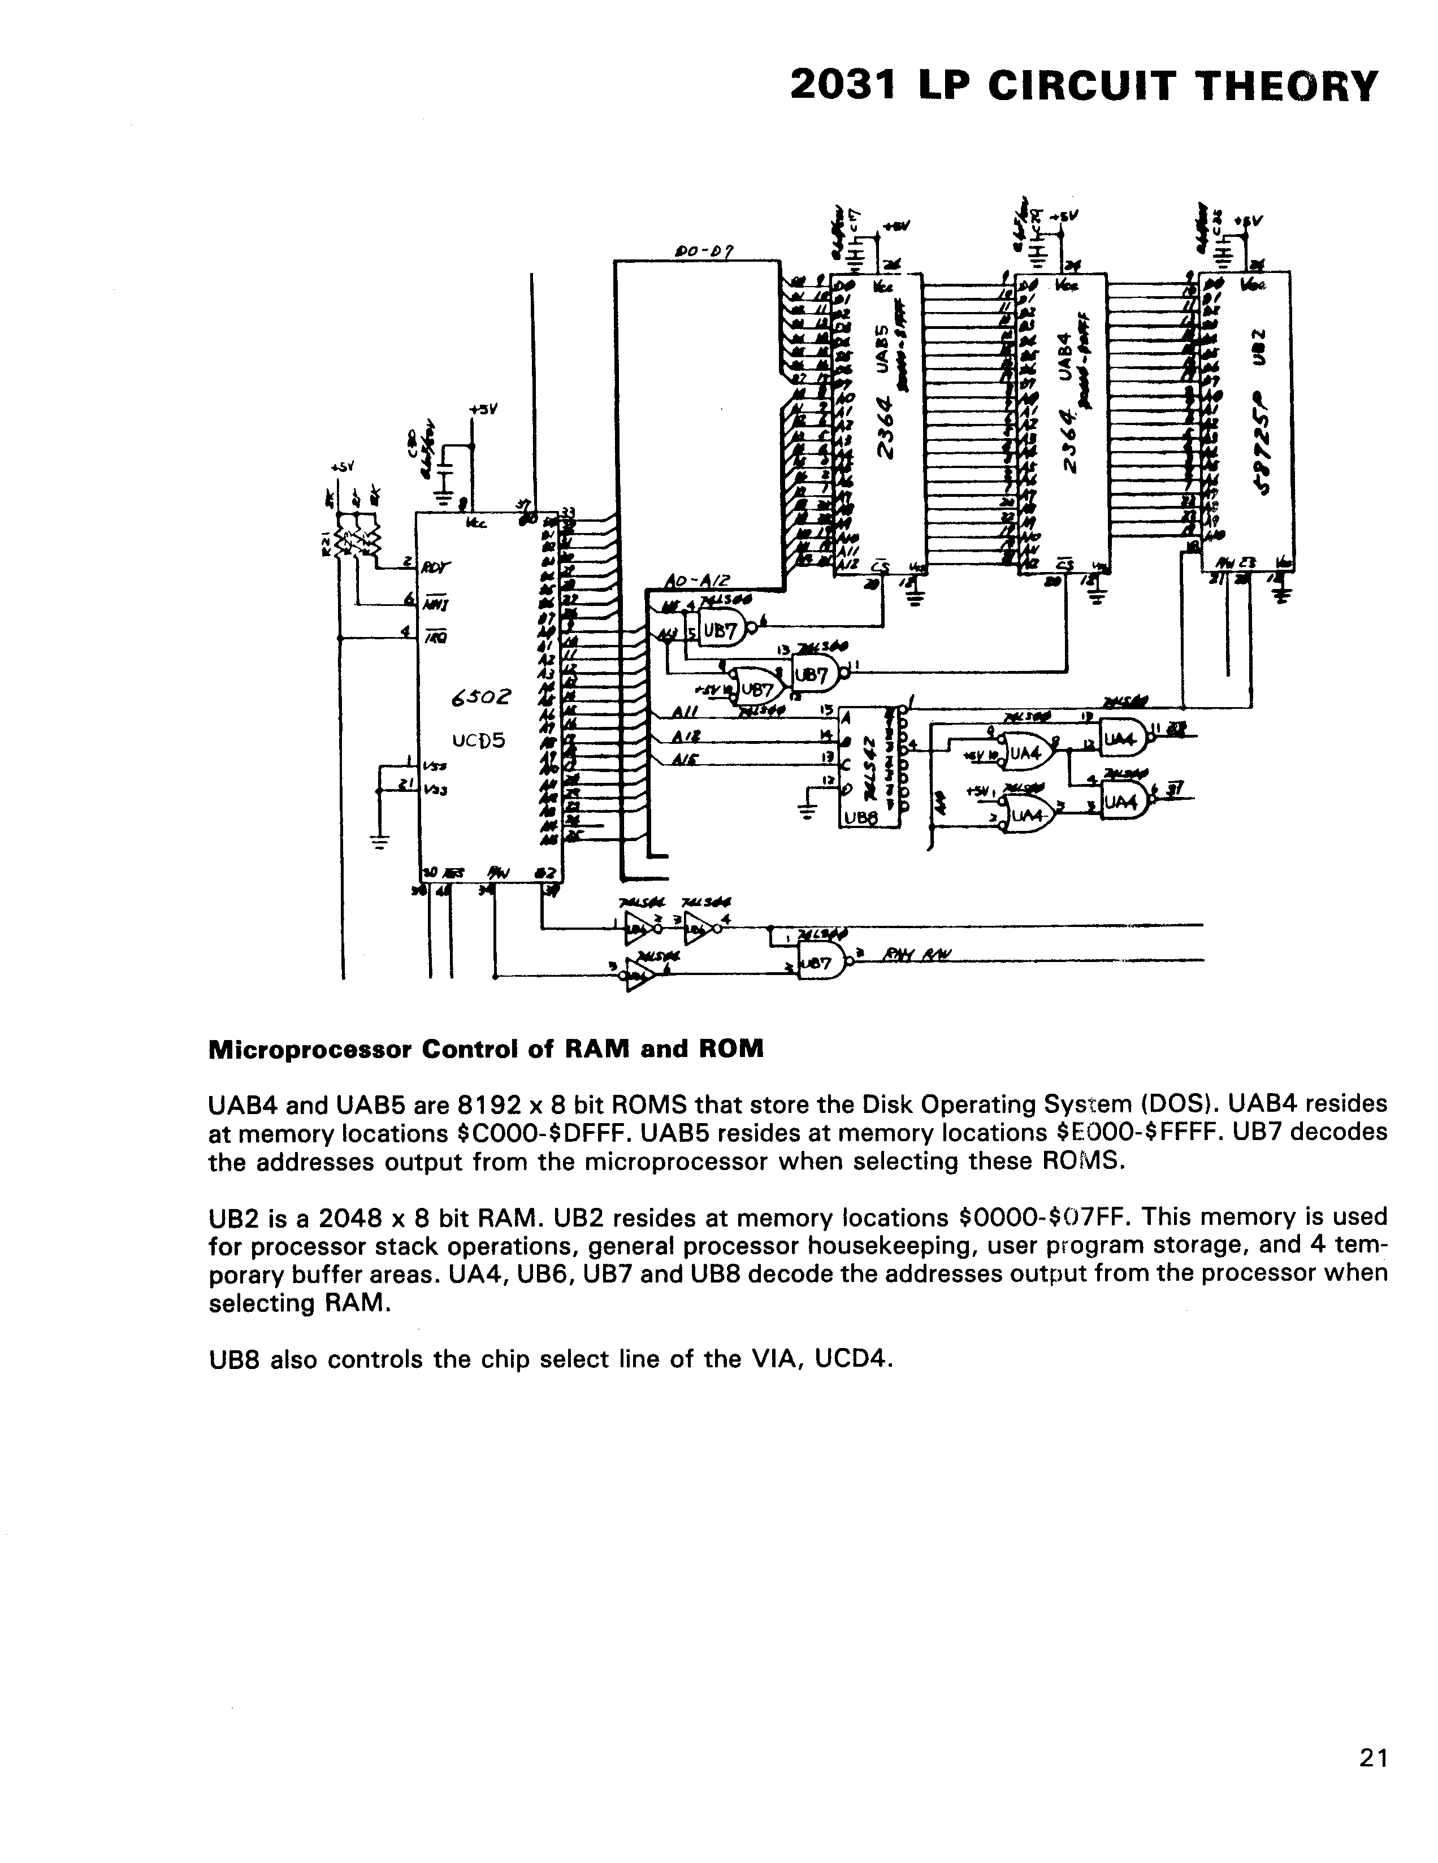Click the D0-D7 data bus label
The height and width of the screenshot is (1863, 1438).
tap(704, 252)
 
